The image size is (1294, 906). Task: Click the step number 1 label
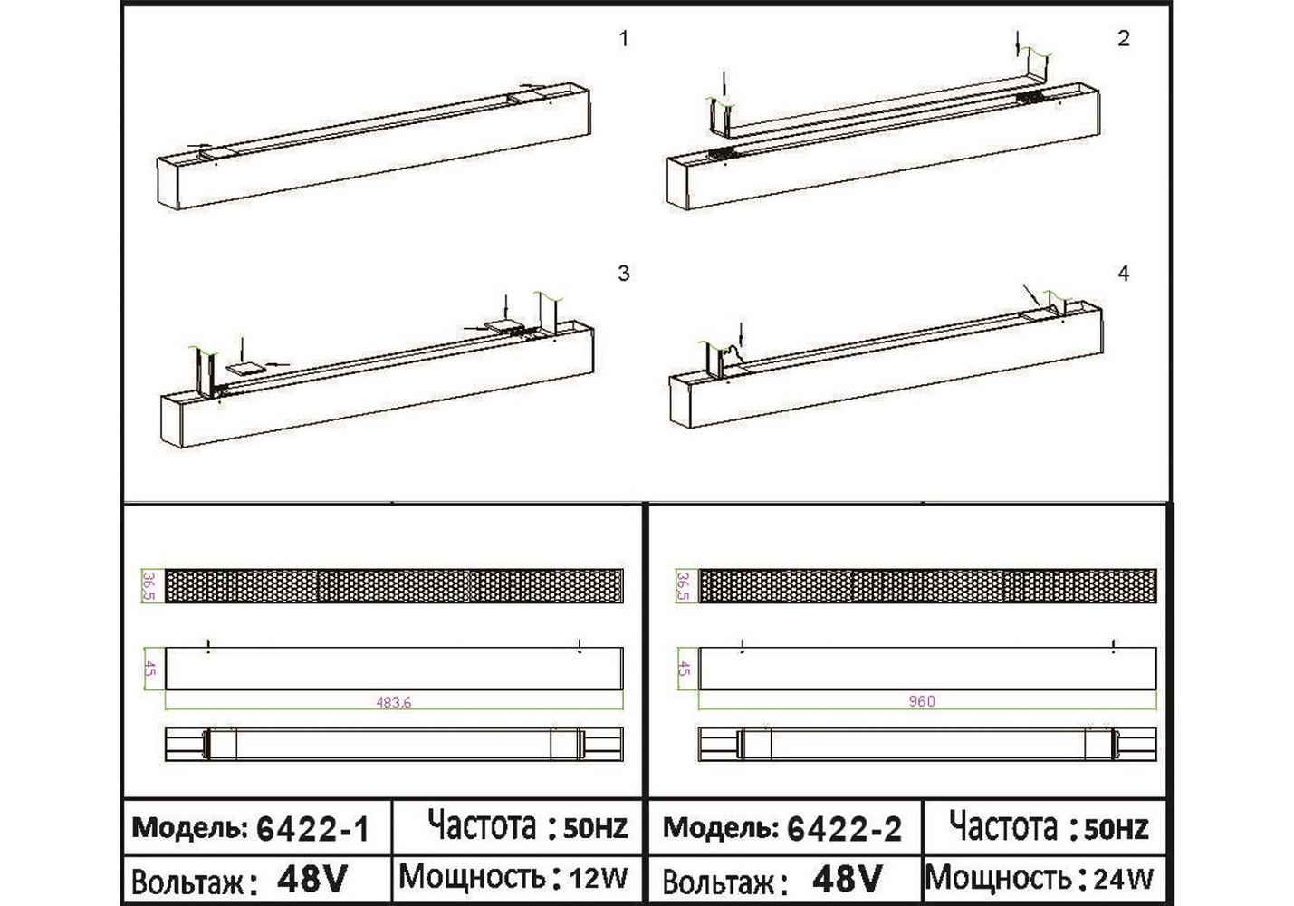[623, 39]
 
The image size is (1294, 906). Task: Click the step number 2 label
[1124, 38]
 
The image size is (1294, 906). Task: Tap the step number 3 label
[623, 273]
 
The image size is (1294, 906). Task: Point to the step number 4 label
[1124, 273]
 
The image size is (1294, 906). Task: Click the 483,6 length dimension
[393, 703]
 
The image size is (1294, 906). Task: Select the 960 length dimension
[922, 701]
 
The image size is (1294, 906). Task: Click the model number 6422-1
[312, 830]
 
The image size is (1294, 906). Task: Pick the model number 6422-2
[845, 830]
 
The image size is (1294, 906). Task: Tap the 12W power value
[599, 879]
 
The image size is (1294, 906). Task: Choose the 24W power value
[1123, 880]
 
